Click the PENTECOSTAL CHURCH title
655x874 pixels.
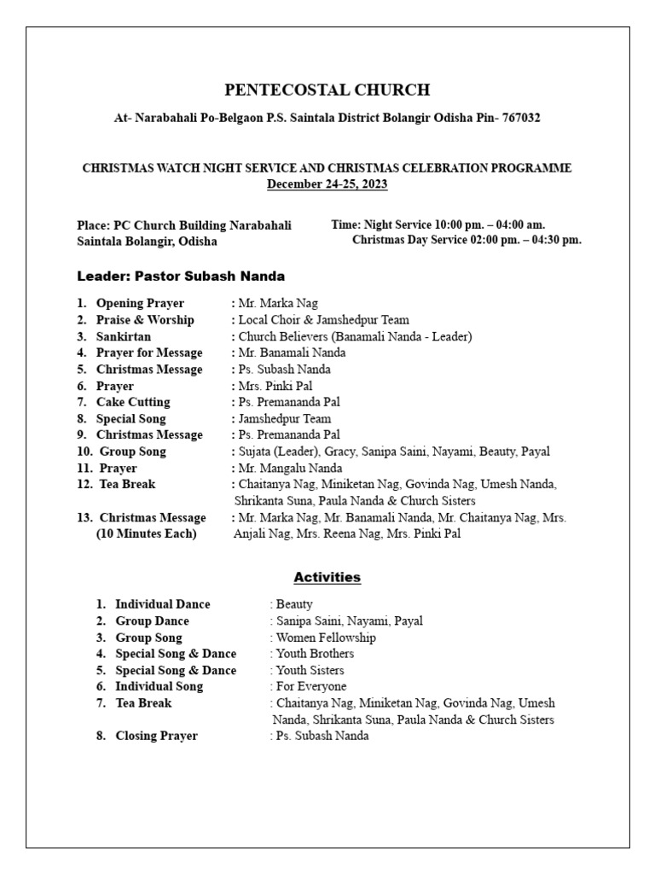click(327, 90)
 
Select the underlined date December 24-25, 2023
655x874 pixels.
click(327, 184)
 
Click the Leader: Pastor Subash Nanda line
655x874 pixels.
click(181, 277)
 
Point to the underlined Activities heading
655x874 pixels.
click(327, 578)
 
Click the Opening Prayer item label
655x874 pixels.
click(140, 303)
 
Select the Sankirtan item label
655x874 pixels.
click(125, 336)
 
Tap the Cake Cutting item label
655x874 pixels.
click(133, 402)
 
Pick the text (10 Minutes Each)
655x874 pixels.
click(146, 534)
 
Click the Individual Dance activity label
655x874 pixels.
click(162, 604)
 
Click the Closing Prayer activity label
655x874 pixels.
click(156, 736)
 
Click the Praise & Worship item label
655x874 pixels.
click(145, 320)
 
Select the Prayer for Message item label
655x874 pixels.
click(149, 353)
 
